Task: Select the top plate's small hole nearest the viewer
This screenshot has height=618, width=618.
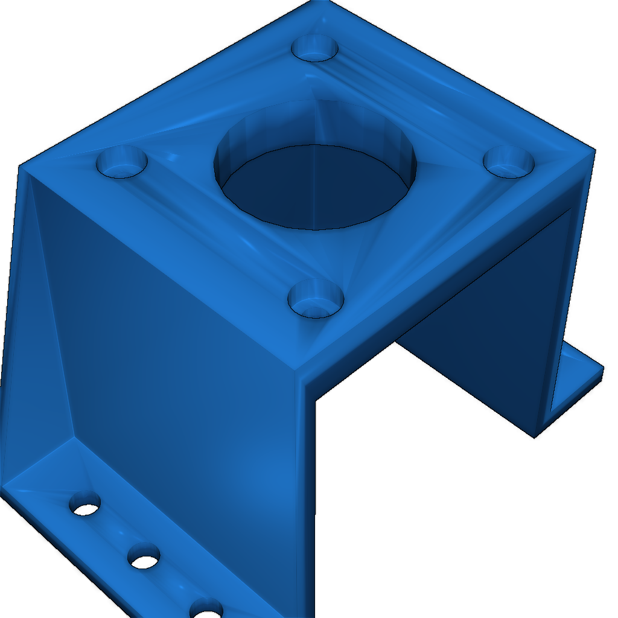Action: pyautogui.click(x=315, y=299)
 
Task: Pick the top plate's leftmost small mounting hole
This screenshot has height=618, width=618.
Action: pyautogui.click(x=123, y=162)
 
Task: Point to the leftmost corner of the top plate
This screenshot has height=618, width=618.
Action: pyautogui.click(x=22, y=167)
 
